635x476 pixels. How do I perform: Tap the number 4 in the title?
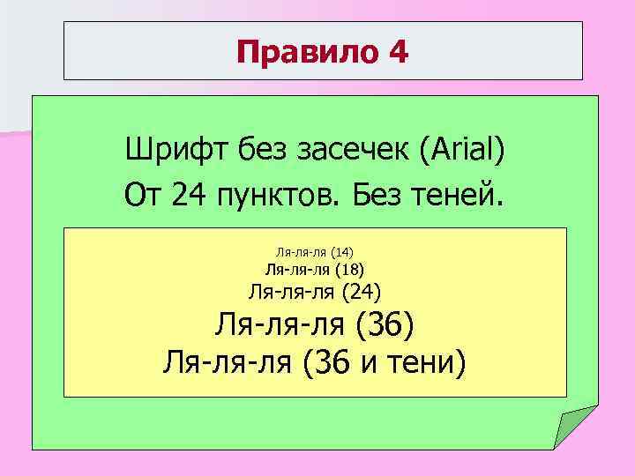(x=397, y=55)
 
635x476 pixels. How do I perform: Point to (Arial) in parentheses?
(x=464, y=147)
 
